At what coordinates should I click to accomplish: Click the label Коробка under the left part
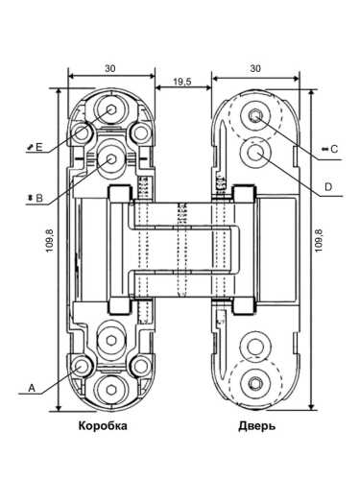pyautogui.click(x=103, y=426)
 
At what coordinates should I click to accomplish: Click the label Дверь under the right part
pyautogui.click(x=257, y=426)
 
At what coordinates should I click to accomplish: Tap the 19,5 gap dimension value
pyautogui.click(x=182, y=82)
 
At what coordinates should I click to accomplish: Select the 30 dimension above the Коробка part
pyautogui.click(x=110, y=68)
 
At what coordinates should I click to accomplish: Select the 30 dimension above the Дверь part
pyautogui.click(x=255, y=68)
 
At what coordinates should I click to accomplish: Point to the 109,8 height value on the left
pyautogui.click(x=50, y=240)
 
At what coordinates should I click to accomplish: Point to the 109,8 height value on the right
pyautogui.click(x=319, y=240)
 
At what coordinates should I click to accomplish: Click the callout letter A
pyautogui.click(x=32, y=388)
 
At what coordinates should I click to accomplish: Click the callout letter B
pyautogui.click(x=39, y=198)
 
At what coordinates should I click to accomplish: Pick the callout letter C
pyautogui.click(x=334, y=149)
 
